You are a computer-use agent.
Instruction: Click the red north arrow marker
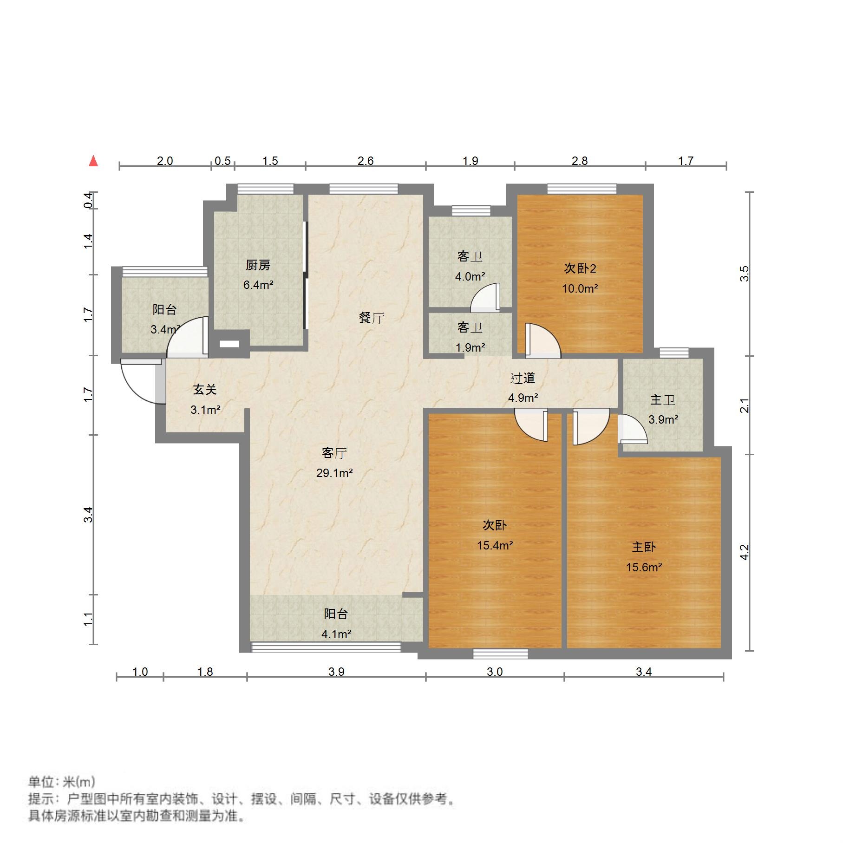click(x=94, y=161)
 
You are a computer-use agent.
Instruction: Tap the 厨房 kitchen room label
click(x=258, y=265)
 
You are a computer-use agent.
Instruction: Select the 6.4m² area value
click(x=258, y=285)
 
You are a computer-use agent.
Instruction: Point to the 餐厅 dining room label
click(x=372, y=318)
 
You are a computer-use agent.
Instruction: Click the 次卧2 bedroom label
click(x=580, y=268)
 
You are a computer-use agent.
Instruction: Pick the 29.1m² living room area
click(x=334, y=473)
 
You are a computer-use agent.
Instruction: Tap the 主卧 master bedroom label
click(x=644, y=547)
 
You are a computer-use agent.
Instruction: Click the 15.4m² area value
click(x=495, y=545)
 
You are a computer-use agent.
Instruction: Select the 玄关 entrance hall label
click(x=205, y=389)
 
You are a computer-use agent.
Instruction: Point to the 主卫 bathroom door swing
click(x=632, y=430)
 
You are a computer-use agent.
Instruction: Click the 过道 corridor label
click(x=523, y=378)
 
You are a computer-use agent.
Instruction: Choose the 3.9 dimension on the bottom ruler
click(x=336, y=672)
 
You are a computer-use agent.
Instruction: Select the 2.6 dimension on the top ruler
click(x=366, y=161)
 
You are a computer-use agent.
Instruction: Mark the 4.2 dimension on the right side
click(x=744, y=552)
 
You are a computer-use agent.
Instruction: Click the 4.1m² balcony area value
click(x=336, y=634)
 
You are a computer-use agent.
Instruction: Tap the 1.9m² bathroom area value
click(x=470, y=347)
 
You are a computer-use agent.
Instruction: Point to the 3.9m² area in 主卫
click(x=663, y=419)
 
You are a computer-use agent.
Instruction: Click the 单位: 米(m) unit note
click(x=61, y=782)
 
